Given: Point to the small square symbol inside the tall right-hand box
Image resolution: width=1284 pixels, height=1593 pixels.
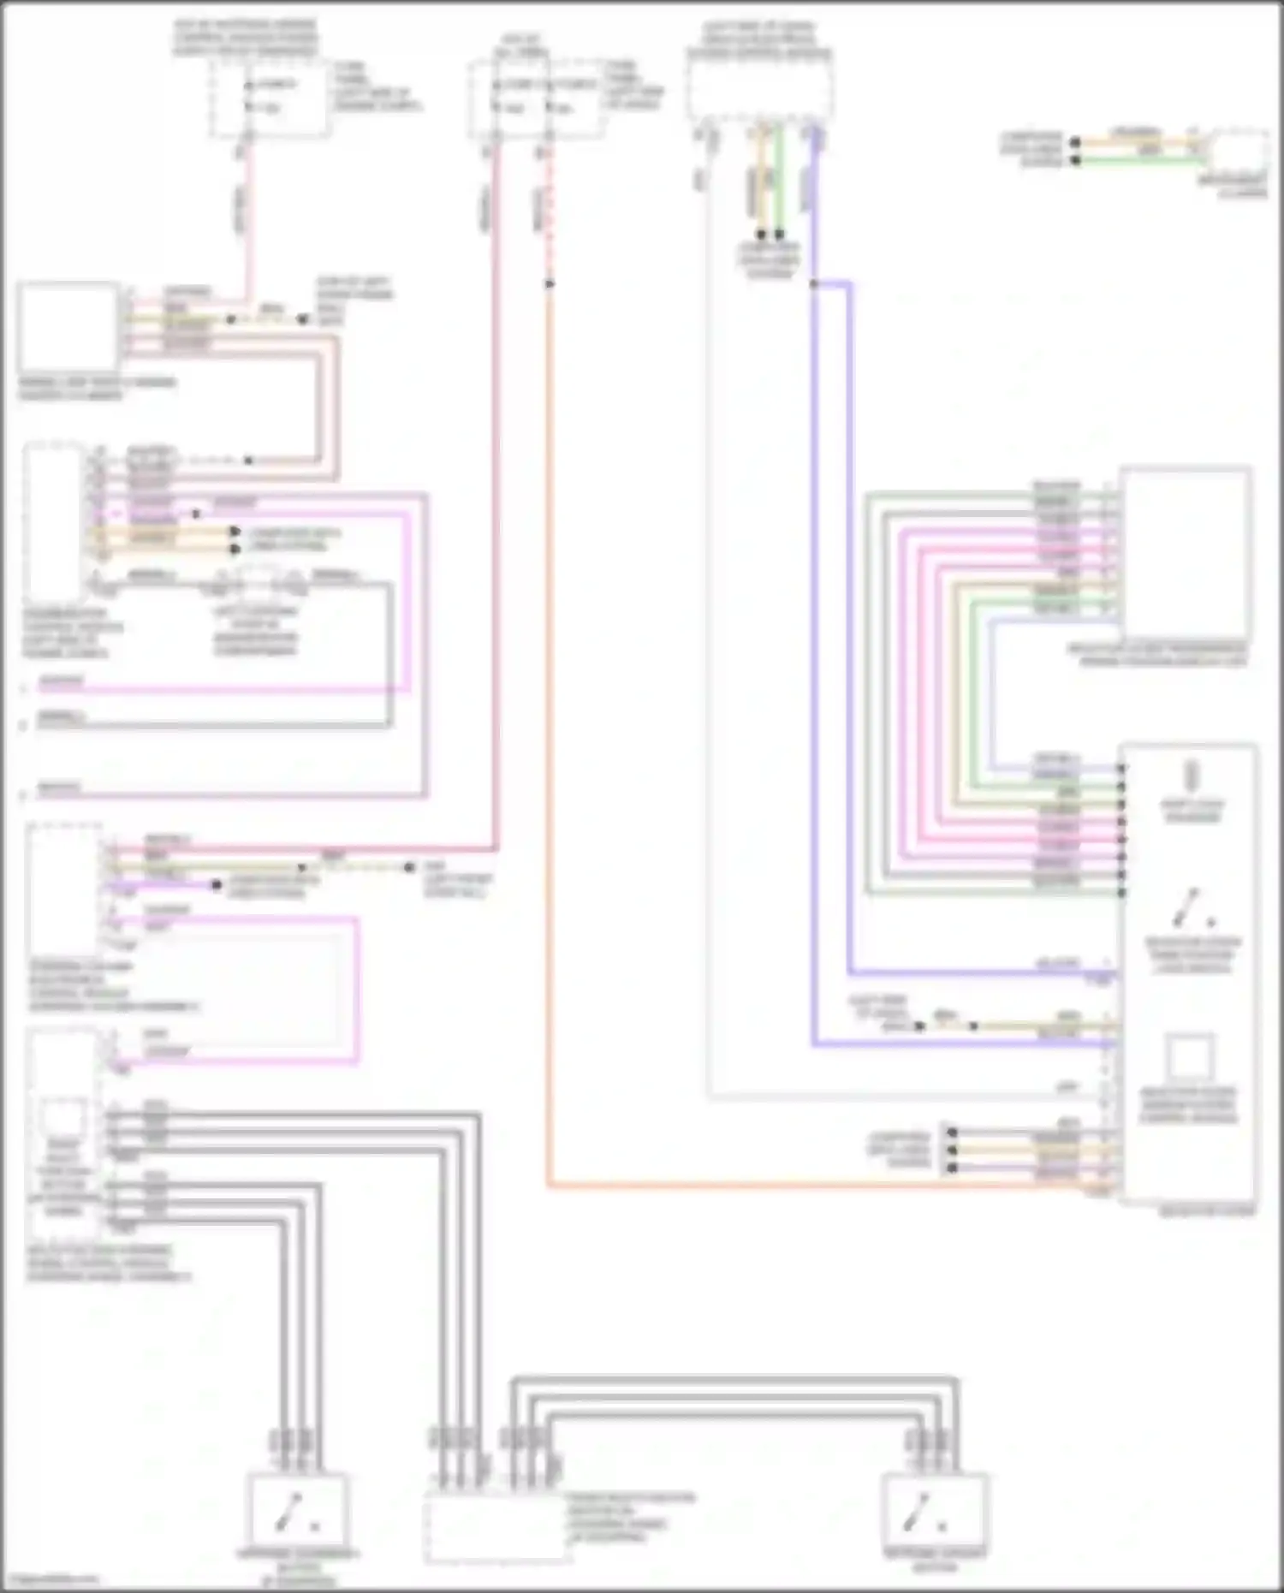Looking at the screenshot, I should click(1189, 1057).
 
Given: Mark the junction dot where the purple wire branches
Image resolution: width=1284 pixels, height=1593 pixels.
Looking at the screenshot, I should click(813, 283).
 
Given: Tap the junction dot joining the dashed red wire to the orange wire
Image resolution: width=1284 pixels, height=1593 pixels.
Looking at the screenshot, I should click(549, 283).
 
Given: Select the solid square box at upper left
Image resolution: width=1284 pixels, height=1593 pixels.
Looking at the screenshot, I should click(68, 327).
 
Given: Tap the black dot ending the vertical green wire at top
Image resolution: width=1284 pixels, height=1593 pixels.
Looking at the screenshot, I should click(779, 235).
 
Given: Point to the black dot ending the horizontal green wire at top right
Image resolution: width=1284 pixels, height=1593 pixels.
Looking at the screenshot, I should click(1075, 160).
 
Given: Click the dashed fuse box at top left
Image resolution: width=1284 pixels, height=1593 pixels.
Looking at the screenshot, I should click(270, 97).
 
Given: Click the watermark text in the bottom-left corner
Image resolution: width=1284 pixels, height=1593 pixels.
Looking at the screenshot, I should click(48, 1578).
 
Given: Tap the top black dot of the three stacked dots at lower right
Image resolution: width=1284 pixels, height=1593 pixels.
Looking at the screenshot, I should click(952, 1132).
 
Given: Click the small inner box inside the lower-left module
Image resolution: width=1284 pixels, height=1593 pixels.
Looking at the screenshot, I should click(64, 1118).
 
